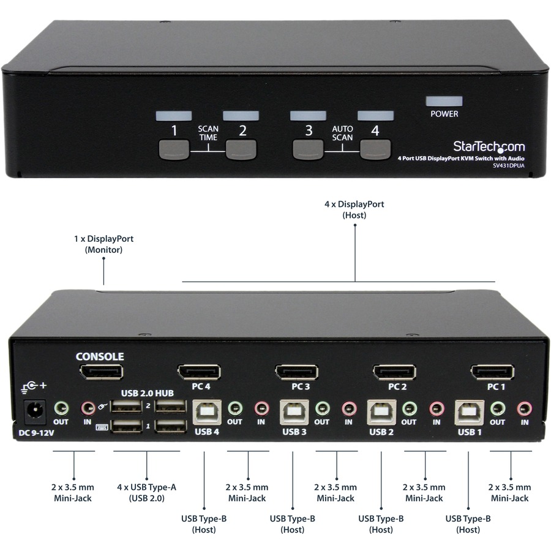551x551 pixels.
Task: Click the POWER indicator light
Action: point(444,101)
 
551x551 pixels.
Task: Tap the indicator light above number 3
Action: point(308,115)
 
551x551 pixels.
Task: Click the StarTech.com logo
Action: point(489,146)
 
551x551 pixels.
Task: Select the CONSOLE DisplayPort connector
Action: point(101,372)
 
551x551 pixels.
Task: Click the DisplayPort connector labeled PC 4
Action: point(199,372)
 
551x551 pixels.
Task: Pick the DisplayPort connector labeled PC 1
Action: point(492,372)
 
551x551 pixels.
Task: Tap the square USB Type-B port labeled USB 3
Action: point(294,412)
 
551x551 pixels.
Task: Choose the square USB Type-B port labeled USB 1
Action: point(470,412)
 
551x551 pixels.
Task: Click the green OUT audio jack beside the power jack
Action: point(61,407)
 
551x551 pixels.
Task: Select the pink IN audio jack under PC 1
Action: point(524,408)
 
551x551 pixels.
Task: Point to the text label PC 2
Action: point(397,386)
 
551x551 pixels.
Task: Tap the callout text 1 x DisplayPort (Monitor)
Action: point(103,244)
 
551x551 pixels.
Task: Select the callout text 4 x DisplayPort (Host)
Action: point(354,209)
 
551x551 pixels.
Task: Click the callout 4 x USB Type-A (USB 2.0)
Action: point(146,492)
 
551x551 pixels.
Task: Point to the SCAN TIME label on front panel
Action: point(208,133)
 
